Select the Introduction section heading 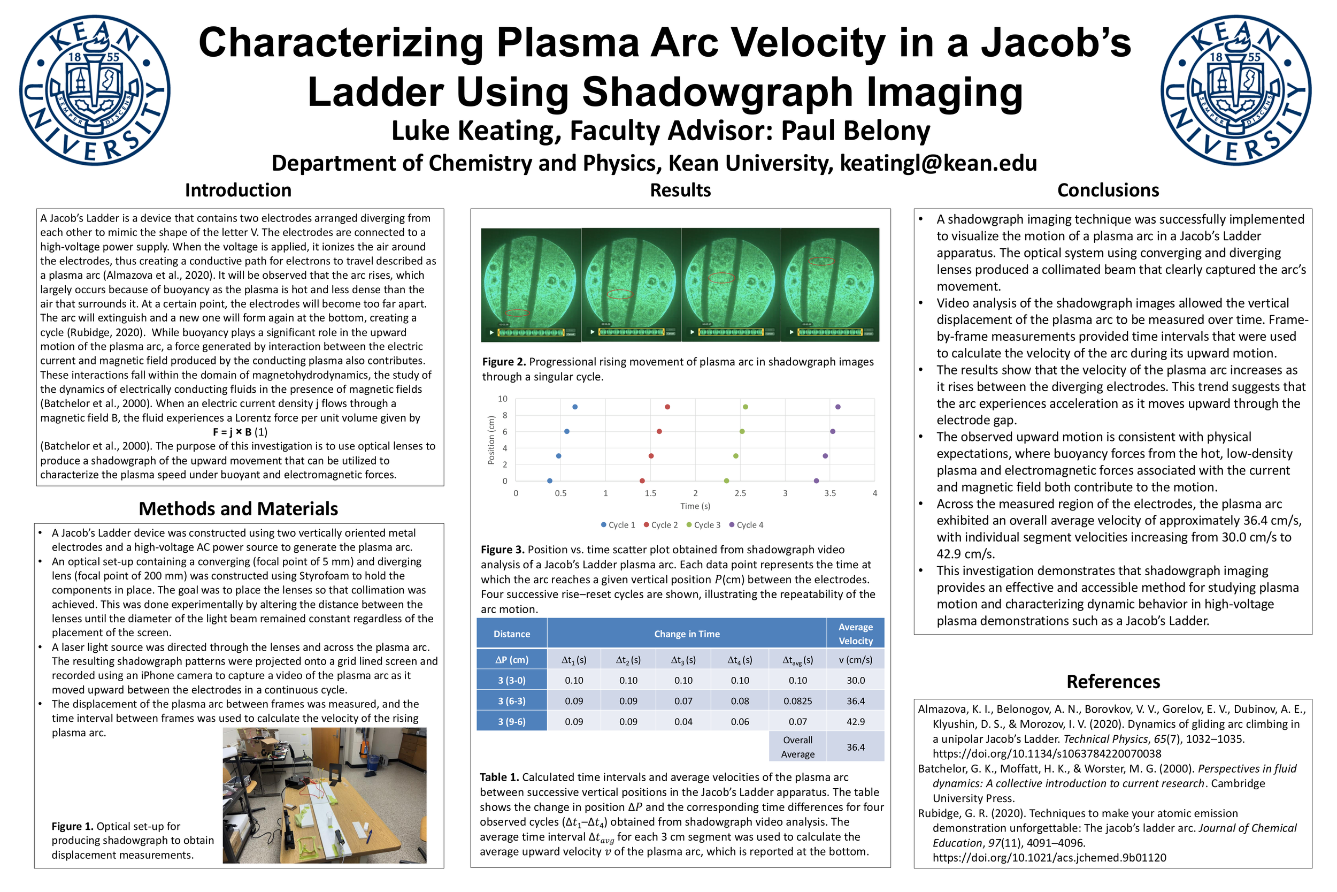(238, 190)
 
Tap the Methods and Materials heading (238, 508)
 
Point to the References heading (1113, 682)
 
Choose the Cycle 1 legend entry (618, 525)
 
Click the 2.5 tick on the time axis (740, 493)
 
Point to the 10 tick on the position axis (503, 399)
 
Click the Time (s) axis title (695, 506)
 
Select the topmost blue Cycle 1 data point (575, 407)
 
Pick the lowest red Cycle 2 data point (642, 481)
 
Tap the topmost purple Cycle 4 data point (838, 407)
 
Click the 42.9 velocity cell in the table (856, 722)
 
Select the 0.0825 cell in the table (797, 702)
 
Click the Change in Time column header (687, 634)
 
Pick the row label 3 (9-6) (512, 722)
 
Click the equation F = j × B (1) (240, 432)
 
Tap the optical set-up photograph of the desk (325, 795)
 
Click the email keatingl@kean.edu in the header (939, 163)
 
